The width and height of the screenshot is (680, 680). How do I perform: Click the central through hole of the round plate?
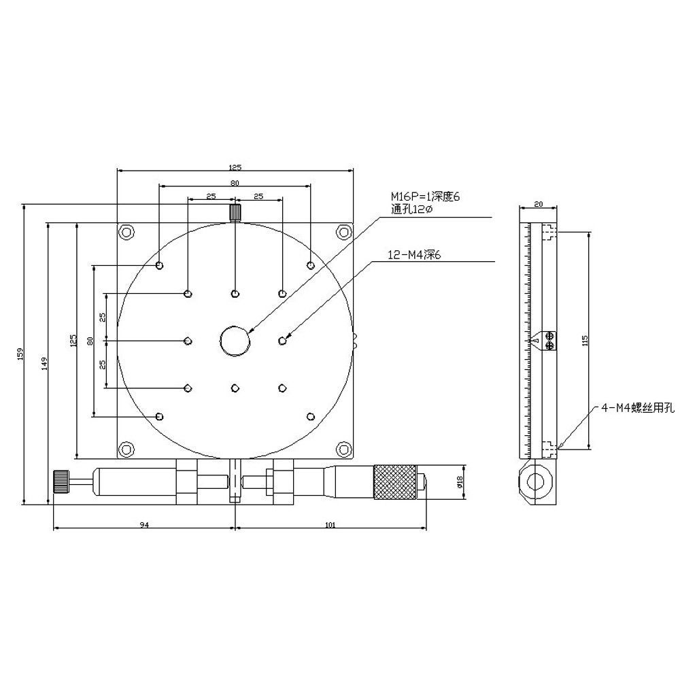235,340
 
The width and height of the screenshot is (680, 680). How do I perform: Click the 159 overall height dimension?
20,353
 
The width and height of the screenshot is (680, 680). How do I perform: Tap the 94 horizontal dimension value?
143,524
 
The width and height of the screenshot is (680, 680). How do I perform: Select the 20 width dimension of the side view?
539,203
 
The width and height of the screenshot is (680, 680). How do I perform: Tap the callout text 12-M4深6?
414,256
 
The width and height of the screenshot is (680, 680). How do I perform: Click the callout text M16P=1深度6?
425,197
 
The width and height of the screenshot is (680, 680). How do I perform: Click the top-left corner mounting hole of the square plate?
126,232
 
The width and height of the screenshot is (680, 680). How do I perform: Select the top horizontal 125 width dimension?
235,167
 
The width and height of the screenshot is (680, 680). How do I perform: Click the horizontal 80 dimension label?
235,183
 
